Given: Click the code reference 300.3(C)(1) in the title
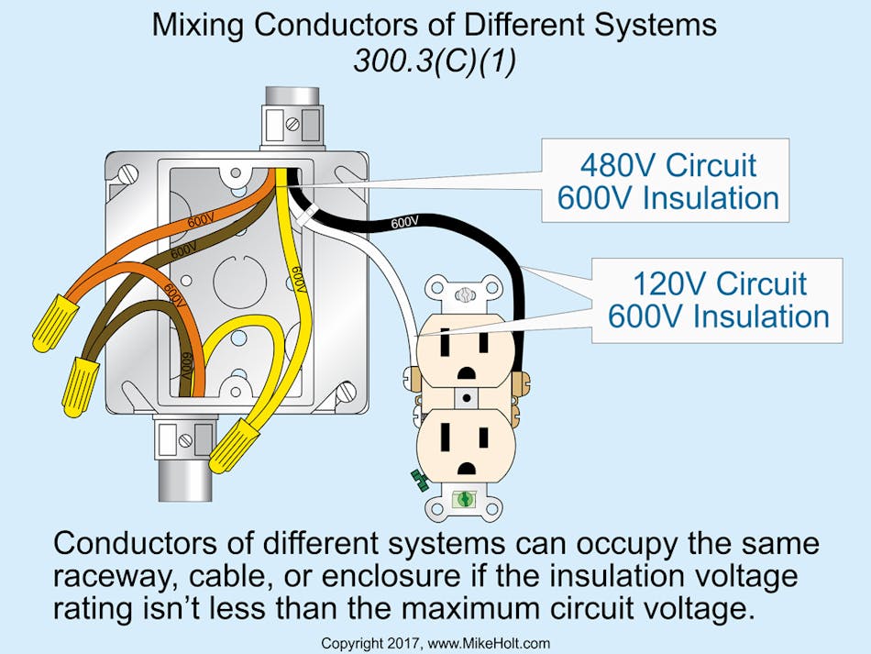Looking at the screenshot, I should [435, 61].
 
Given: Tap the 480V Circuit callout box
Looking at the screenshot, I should [666, 181].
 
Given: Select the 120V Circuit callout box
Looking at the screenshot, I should [717, 300].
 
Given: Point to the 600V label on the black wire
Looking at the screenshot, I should [404, 221].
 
